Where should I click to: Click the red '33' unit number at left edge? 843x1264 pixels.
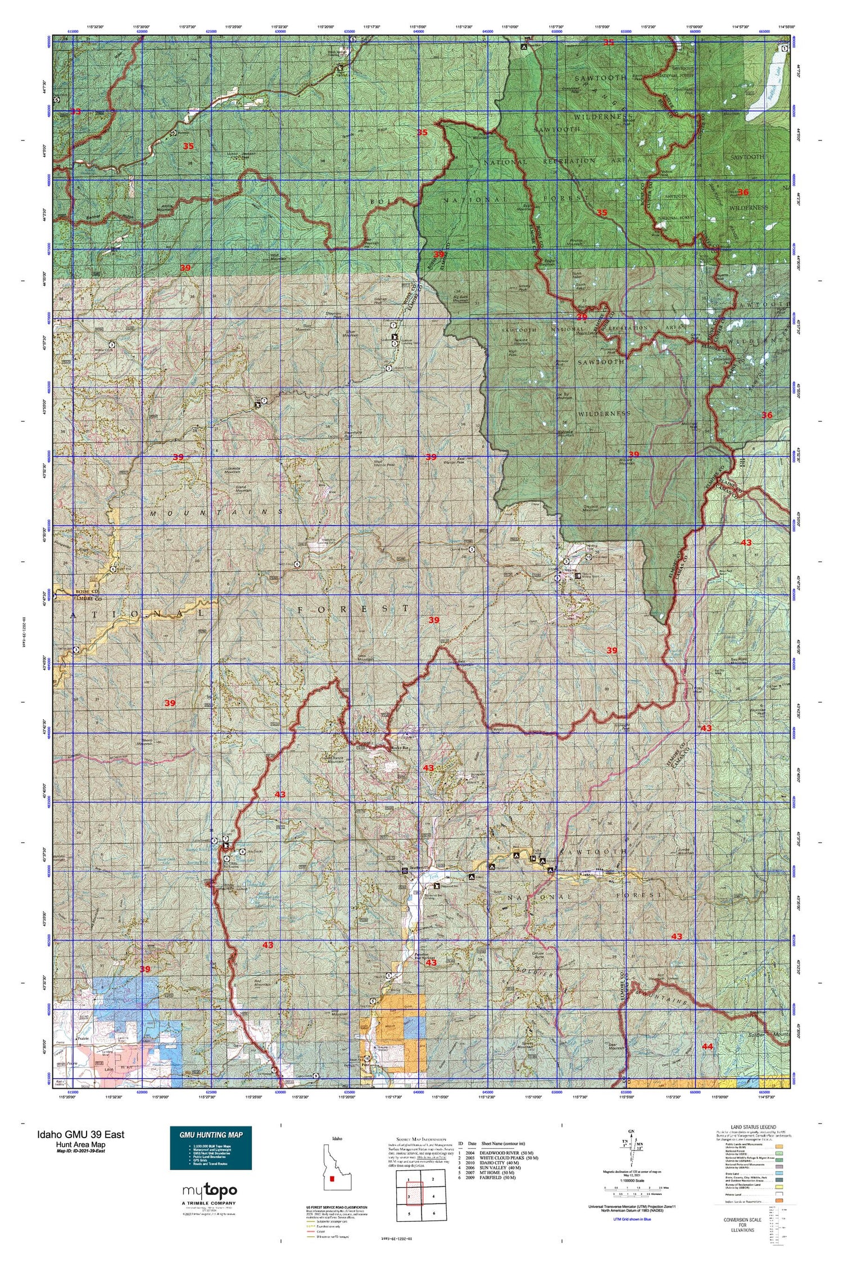point(75,112)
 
